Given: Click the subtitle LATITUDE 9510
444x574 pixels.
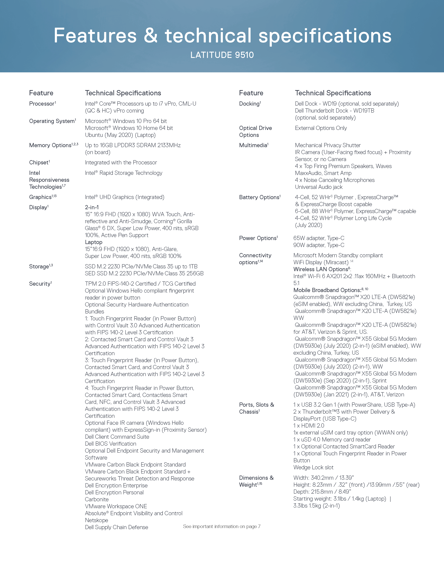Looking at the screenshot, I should (222, 55).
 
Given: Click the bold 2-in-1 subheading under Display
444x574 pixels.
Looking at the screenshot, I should (92, 207).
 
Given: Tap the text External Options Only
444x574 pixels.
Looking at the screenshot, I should (321, 128).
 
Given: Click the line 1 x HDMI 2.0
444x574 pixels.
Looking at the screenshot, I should (309, 425).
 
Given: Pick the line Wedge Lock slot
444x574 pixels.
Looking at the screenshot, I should (313, 467).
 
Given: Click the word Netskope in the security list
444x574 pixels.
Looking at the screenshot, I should (96, 520).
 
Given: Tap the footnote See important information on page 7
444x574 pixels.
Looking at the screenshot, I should (222, 527).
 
